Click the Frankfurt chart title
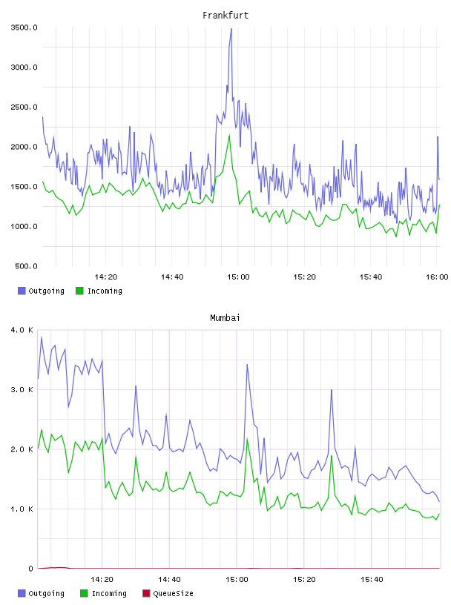pyautogui.click(x=225, y=15)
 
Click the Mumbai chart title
pyautogui.click(x=225, y=317)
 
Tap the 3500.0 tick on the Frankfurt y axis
pyautogui.click(x=24, y=27)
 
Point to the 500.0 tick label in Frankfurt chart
pyautogui.click(x=26, y=266)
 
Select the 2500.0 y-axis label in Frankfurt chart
pyautogui.click(x=24, y=107)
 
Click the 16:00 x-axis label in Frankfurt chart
pyautogui.click(x=437, y=277)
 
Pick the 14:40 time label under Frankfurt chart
pyautogui.click(x=172, y=277)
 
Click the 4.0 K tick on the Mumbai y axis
pyautogui.click(x=22, y=330)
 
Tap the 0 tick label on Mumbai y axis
pyautogui.click(x=31, y=569)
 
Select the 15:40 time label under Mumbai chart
pyautogui.click(x=372, y=579)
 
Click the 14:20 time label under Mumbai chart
pyautogui.click(x=102, y=579)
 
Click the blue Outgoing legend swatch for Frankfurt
pyautogui.click(x=22, y=291)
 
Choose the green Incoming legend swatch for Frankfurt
pyautogui.click(x=79, y=291)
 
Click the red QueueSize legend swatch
pyautogui.click(x=146, y=593)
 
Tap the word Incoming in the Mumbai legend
pyautogui.click(x=109, y=593)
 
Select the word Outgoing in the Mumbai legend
pyautogui.click(x=46, y=593)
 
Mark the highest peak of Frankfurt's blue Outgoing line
pyautogui.click(x=231, y=29)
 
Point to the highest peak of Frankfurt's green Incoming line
pyautogui.click(x=229, y=135)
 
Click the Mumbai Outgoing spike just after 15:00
pyautogui.click(x=247, y=364)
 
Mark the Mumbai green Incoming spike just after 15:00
pyautogui.click(x=247, y=439)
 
